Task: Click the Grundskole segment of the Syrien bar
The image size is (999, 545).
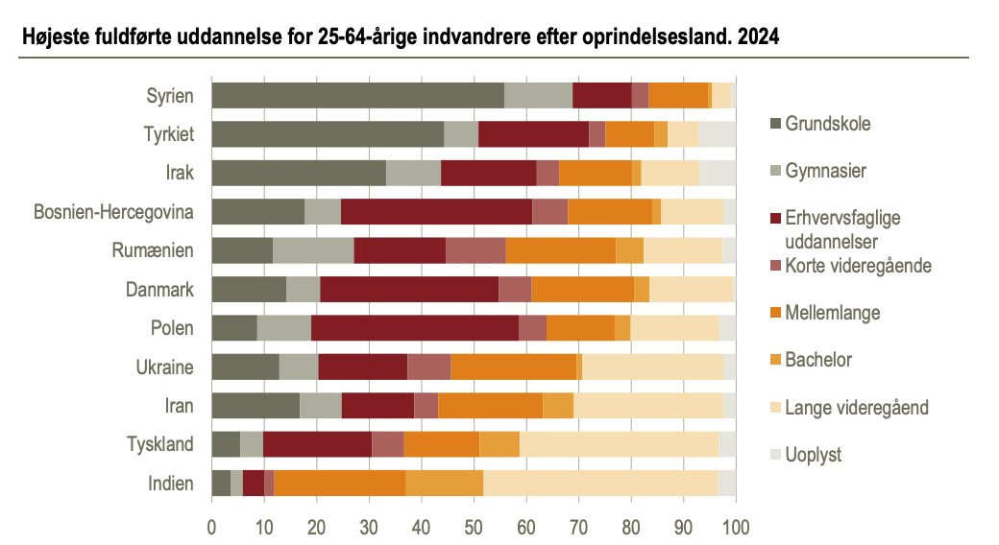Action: [x=357, y=95]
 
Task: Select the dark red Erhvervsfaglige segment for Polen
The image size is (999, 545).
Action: [x=415, y=328]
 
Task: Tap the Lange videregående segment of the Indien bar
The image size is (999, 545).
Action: [x=599, y=483]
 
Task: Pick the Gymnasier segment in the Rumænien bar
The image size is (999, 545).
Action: [x=313, y=250]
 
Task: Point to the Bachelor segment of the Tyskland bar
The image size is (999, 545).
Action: [x=499, y=444]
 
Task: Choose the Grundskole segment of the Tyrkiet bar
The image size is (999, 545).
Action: [x=328, y=133]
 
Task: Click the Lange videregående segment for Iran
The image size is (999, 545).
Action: [x=648, y=406]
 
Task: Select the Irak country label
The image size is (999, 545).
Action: [x=179, y=173]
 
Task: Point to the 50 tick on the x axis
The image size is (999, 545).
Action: [x=474, y=527]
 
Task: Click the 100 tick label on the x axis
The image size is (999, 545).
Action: [x=736, y=527]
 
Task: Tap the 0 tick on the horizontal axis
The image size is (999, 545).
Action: [x=212, y=527]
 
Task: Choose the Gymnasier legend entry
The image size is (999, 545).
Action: [x=825, y=171]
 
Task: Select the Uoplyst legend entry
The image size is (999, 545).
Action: [x=813, y=455]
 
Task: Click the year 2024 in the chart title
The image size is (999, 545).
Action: [x=759, y=40]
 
